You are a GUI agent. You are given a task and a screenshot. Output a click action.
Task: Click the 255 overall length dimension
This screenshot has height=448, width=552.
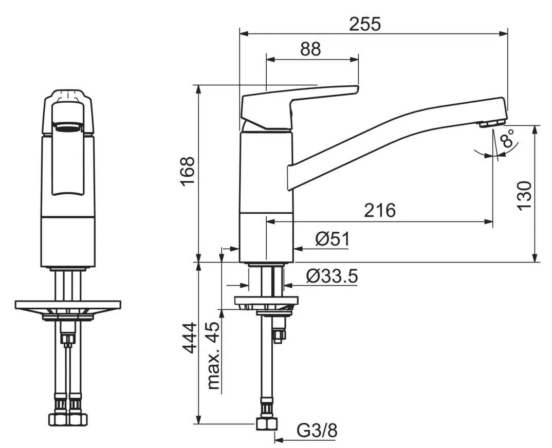[x=365, y=25]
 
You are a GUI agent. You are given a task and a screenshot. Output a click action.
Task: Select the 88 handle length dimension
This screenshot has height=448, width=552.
[x=310, y=49]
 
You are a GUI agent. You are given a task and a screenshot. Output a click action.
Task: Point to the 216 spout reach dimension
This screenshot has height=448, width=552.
[x=380, y=211]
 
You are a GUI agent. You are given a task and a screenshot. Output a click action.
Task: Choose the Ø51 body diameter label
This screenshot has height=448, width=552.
[x=333, y=239]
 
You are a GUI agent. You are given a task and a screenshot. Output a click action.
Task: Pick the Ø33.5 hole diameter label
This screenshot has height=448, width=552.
[x=332, y=276]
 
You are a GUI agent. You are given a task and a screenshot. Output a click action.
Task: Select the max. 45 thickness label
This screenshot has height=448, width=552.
[x=213, y=356]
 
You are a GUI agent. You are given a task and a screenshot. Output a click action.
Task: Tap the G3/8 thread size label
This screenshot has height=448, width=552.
[x=317, y=430]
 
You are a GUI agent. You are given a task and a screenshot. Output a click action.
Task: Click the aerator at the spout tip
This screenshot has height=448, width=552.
[x=492, y=123]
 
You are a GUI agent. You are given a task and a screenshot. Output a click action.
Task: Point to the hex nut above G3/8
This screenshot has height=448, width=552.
[x=267, y=424]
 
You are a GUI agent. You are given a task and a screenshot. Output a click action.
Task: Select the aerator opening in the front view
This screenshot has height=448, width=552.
[x=68, y=126]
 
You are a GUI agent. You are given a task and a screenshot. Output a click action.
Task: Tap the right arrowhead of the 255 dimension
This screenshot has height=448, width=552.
[x=504, y=33]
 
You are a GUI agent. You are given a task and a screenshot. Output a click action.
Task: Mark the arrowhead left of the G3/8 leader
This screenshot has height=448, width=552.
[x=279, y=440]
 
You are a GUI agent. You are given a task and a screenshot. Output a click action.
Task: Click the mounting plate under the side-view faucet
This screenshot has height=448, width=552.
[x=267, y=301]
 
